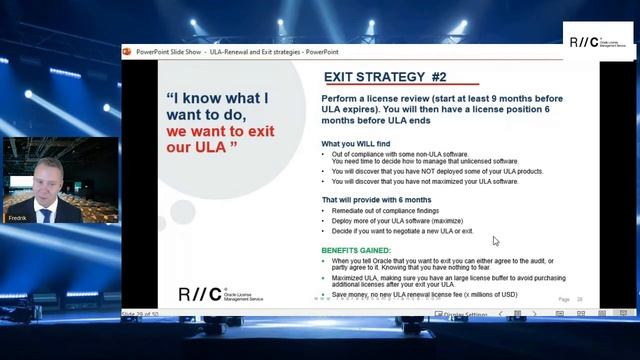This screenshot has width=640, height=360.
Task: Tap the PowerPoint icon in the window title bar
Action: click(x=127, y=50)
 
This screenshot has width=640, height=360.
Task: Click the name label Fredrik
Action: click(x=16, y=217)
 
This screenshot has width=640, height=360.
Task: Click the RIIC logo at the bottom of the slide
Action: click(x=194, y=294)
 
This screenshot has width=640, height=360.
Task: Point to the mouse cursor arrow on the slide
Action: click(x=495, y=240)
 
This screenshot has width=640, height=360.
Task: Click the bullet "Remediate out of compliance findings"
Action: click(x=396, y=211)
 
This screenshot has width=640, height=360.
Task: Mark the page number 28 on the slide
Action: click(x=579, y=299)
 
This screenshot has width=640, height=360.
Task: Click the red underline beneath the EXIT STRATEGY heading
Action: click(x=401, y=85)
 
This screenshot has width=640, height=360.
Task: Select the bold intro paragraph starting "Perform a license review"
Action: click(x=441, y=111)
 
